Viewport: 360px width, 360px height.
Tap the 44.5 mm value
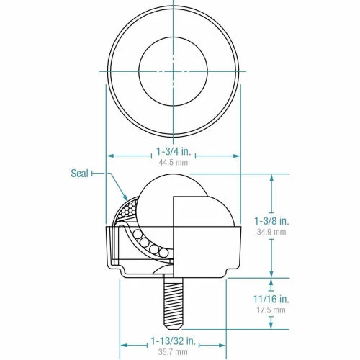point(173,163)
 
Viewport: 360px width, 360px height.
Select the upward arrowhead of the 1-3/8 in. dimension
point(272,177)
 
